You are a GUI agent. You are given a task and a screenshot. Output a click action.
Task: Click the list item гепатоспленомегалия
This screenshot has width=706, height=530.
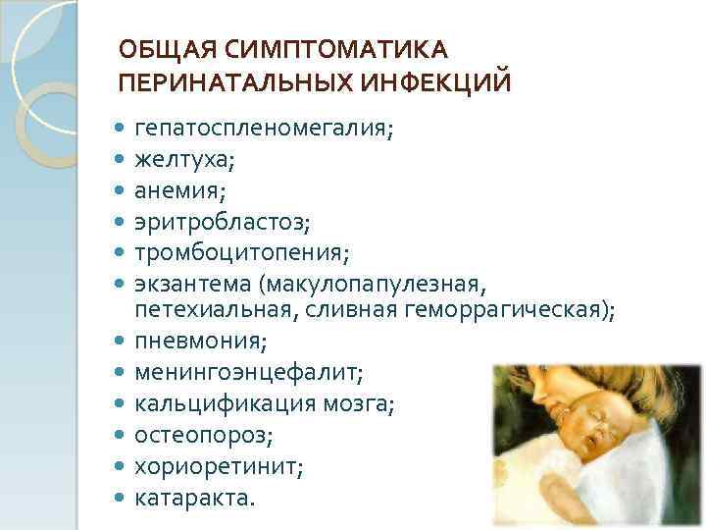tap(264, 130)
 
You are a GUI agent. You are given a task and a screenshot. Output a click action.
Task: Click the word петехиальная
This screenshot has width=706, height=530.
tap(206, 311)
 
